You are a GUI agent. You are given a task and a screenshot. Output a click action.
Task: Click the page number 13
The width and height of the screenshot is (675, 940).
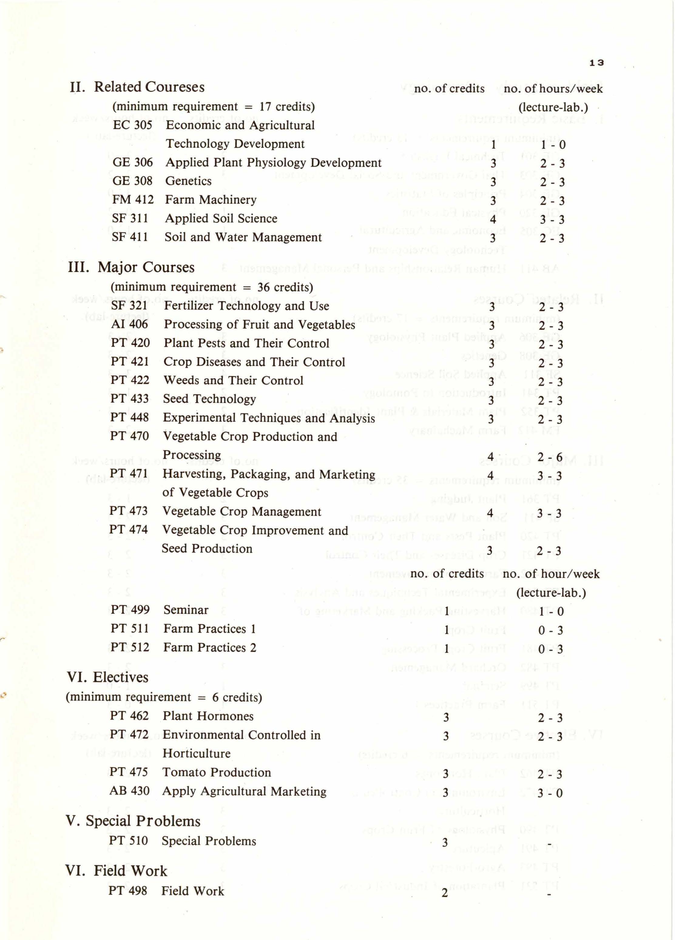[x=597, y=63]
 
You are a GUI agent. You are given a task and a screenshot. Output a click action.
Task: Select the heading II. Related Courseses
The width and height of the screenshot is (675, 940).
[x=137, y=87]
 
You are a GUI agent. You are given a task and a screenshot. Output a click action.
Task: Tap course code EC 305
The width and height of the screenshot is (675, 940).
[x=132, y=125]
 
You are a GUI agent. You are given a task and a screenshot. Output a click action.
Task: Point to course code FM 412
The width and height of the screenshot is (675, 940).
[x=133, y=200]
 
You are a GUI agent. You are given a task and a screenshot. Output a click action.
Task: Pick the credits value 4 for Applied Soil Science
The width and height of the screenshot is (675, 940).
[x=493, y=219]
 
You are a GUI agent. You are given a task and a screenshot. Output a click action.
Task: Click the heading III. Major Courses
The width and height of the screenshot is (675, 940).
[x=131, y=267]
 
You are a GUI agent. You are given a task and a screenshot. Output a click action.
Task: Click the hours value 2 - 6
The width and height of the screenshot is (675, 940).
[x=550, y=458]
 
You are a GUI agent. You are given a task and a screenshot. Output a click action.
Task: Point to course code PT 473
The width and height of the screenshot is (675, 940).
[x=129, y=511]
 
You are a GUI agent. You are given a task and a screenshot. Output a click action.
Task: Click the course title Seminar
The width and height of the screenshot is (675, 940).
[x=186, y=610]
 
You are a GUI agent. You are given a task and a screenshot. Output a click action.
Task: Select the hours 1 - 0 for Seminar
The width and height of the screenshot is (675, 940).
[x=551, y=612]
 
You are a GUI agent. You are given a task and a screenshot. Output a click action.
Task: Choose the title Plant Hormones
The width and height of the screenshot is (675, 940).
[x=208, y=716]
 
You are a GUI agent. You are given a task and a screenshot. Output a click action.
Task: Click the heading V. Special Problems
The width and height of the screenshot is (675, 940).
[x=133, y=821]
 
